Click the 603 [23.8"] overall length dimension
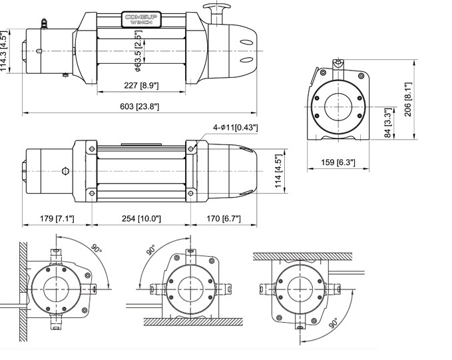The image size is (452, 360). click(140, 106)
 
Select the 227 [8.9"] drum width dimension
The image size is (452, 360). click(140, 85)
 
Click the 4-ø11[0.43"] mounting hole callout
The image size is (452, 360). click(236, 127)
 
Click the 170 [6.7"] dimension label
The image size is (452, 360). click(224, 218)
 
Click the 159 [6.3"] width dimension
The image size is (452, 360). click(338, 162)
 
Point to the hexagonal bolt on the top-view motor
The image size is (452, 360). click(65, 171)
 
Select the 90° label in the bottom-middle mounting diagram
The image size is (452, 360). click(150, 252)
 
